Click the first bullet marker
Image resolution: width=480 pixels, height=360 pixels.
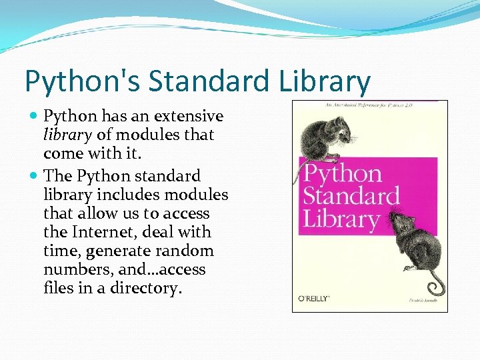point(34,117)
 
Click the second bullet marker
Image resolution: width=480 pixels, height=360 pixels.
point(34,176)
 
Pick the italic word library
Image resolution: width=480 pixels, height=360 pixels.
point(67,135)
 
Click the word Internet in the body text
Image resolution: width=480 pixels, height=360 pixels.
point(115,232)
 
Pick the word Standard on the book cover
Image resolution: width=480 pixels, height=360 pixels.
point(351,196)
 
